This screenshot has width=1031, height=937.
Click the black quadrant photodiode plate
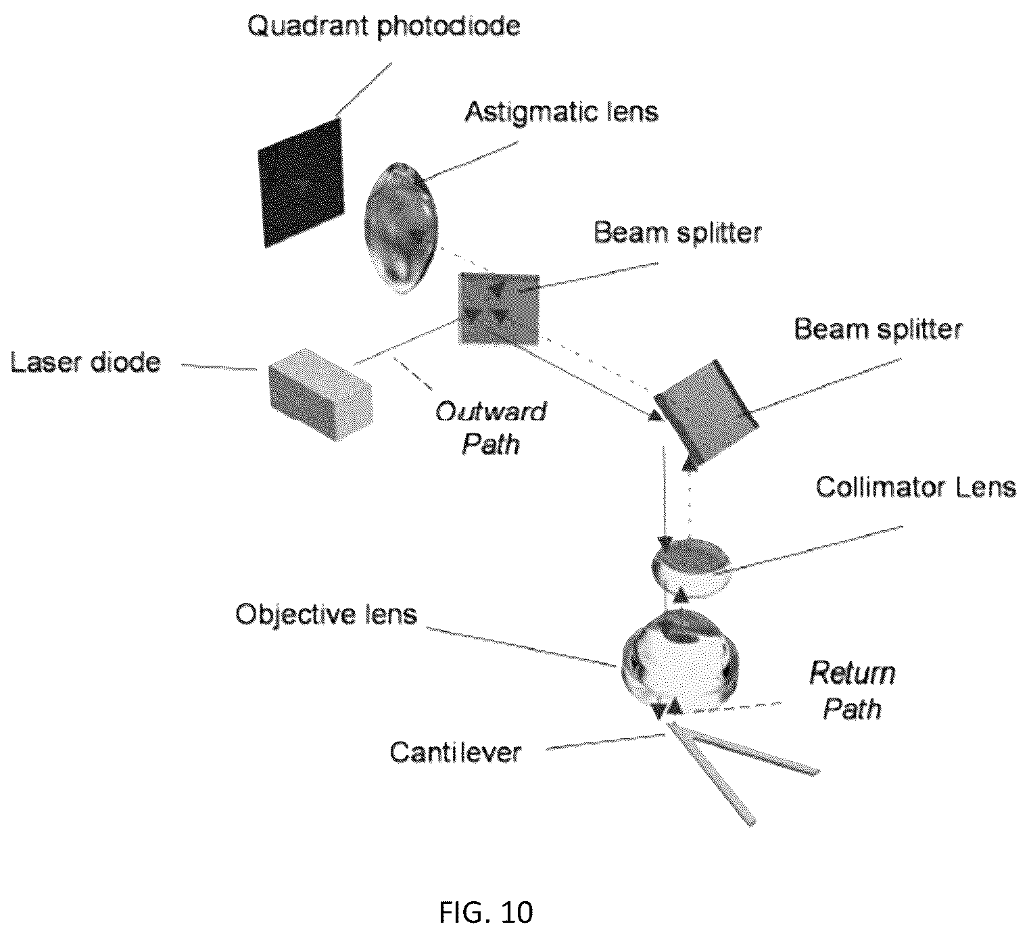[x=301, y=183]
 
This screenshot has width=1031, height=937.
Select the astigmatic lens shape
[x=402, y=229]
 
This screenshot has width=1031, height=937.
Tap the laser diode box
[x=321, y=393]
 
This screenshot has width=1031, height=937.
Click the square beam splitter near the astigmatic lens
[x=498, y=309]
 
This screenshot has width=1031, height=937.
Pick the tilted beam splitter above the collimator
[x=705, y=411]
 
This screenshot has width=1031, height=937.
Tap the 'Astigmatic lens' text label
[x=561, y=112]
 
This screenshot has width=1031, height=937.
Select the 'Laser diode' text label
[x=85, y=362]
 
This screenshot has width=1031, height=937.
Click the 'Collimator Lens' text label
[x=916, y=487]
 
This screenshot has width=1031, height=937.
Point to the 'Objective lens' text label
[x=327, y=615]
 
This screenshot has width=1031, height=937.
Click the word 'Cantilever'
[x=456, y=752]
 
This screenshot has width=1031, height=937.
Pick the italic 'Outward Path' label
[x=491, y=428]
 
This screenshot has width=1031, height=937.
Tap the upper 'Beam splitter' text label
[x=677, y=233]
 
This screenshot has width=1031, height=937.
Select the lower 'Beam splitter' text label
[x=878, y=329]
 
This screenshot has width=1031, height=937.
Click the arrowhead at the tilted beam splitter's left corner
[x=656, y=415]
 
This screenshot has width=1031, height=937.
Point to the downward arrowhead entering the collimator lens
[x=665, y=544]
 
